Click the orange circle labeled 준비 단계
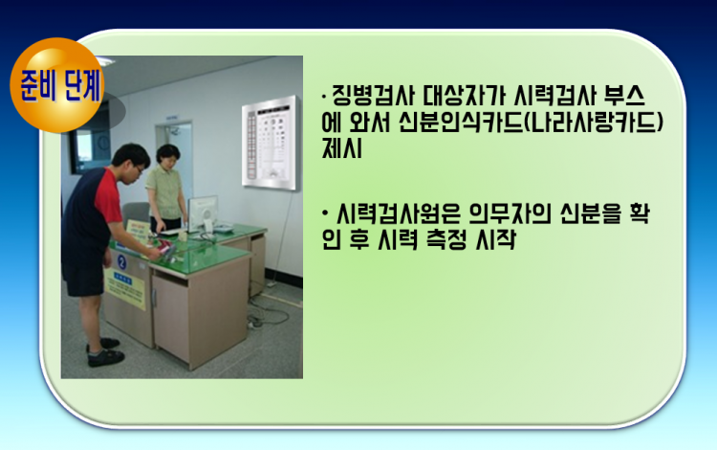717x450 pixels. (x=57, y=85)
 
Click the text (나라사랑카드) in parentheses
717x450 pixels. (x=593, y=122)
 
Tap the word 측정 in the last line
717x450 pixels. (x=445, y=240)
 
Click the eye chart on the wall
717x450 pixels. (x=271, y=143)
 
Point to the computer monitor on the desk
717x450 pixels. (x=203, y=214)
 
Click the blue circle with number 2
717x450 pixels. (x=121, y=261)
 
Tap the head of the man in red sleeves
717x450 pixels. (x=131, y=160)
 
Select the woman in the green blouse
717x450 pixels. (x=167, y=189)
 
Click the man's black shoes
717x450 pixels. (x=105, y=352)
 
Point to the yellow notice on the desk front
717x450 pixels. (x=124, y=288)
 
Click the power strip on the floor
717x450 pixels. (x=254, y=324)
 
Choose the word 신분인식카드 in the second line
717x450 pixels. (x=461, y=122)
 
